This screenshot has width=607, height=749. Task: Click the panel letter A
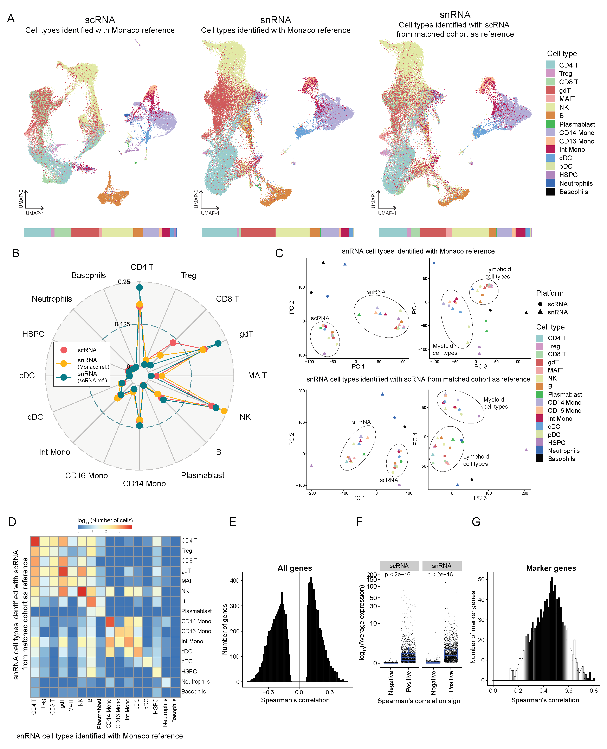11,18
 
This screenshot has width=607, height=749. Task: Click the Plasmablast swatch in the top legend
550,124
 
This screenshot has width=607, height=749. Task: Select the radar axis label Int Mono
54,452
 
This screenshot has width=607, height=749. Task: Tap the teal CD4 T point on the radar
140,287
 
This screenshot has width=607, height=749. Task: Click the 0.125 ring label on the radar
122,324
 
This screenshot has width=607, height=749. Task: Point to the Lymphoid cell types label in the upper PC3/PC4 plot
498,273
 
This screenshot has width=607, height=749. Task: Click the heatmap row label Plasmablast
196,611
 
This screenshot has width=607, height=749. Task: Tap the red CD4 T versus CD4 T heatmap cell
35,541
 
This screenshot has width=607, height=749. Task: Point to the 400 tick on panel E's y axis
235,581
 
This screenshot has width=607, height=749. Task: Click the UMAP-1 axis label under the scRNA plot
35,213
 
